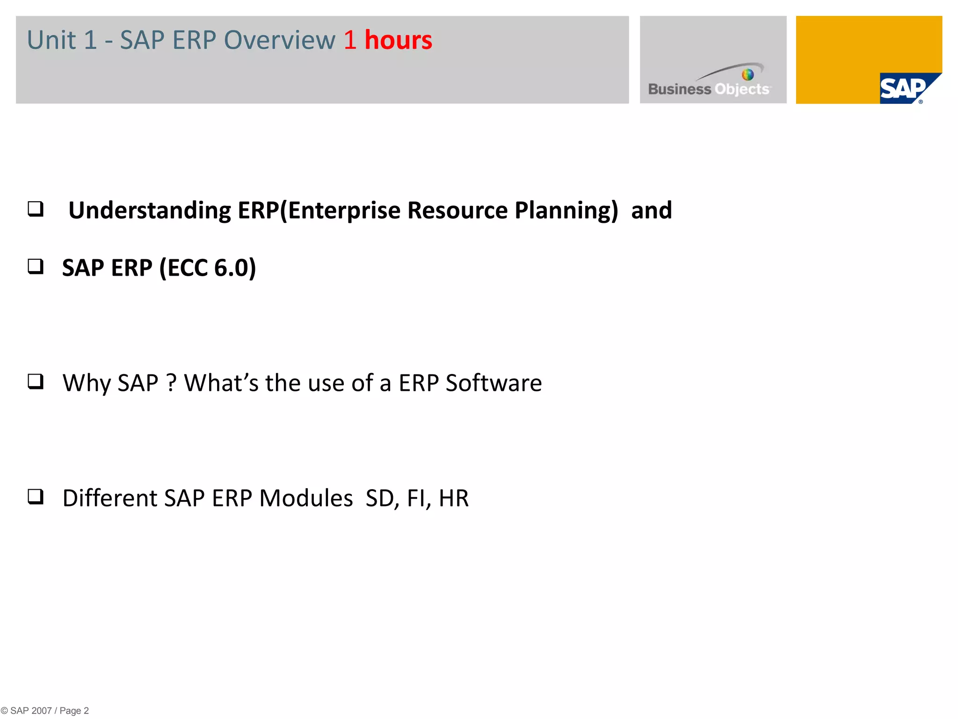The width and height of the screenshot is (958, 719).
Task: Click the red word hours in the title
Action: pyautogui.click(x=398, y=40)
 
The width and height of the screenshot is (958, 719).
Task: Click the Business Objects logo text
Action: pyautogui.click(x=709, y=89)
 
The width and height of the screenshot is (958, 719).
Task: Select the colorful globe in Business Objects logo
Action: pyautogui.click(x=748, y=74)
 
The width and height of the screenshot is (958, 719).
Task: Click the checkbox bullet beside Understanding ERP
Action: pyautogui.click(x=36, y=209)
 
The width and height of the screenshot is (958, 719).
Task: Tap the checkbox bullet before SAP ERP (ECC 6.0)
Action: pyautogui.click(x=36, y=266)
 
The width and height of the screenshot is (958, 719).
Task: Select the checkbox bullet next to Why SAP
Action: pyautogui.click(x=36, y=382)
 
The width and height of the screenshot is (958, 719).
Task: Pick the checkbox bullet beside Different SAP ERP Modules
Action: pyautogui.click(x=36, y=497)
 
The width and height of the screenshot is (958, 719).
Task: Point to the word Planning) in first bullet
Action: pyautogui.click(x=566, y=211)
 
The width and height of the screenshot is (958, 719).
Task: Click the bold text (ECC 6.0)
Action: pyautogui.click(x=208, y=268)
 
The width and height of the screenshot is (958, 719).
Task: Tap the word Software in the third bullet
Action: pyautogui.click(x=494, y=383)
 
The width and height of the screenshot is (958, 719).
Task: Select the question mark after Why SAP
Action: pyautogui.click(x=171, y=383)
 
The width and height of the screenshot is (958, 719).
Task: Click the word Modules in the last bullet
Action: pyautogui.click(x=306, y=499)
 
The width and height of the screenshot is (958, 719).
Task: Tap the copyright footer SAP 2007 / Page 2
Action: pyautogui.click(x=45, y=711)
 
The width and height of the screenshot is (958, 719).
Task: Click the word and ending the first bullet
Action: pyautogui.click(x=651, y=211)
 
